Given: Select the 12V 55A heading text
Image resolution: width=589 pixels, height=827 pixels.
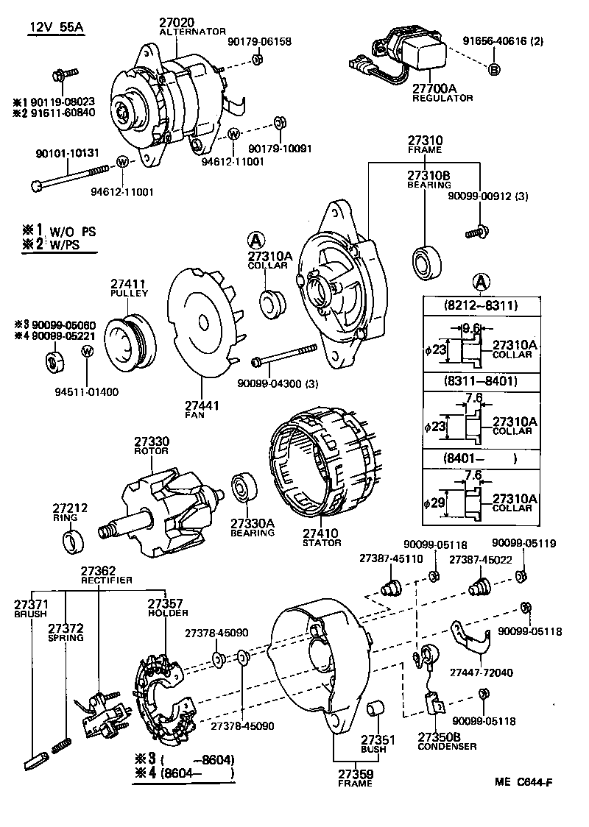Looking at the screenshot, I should click(57, 28).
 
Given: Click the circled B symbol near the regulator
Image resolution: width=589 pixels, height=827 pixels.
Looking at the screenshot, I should click(494, 69).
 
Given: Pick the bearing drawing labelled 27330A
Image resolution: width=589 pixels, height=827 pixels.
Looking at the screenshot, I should click(243, 489).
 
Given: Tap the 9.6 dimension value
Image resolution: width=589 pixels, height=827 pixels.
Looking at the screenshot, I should click(471, 328).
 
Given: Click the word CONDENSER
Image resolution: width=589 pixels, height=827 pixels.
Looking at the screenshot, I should click(447, 746).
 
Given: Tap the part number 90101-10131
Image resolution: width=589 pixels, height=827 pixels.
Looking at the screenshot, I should click(67, 153).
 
